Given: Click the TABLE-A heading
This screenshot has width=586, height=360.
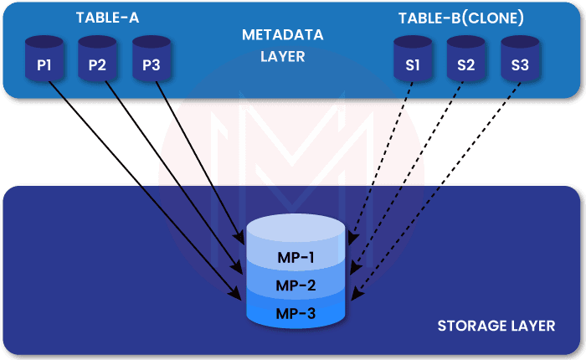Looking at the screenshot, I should [107, 18].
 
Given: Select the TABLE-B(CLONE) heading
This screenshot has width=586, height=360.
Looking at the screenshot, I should [463, 18].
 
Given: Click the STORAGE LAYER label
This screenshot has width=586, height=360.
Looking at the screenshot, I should [496, 325].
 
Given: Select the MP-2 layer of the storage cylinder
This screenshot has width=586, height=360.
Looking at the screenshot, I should [296, 285].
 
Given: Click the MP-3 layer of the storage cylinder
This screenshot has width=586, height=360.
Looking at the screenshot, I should [296, 313].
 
